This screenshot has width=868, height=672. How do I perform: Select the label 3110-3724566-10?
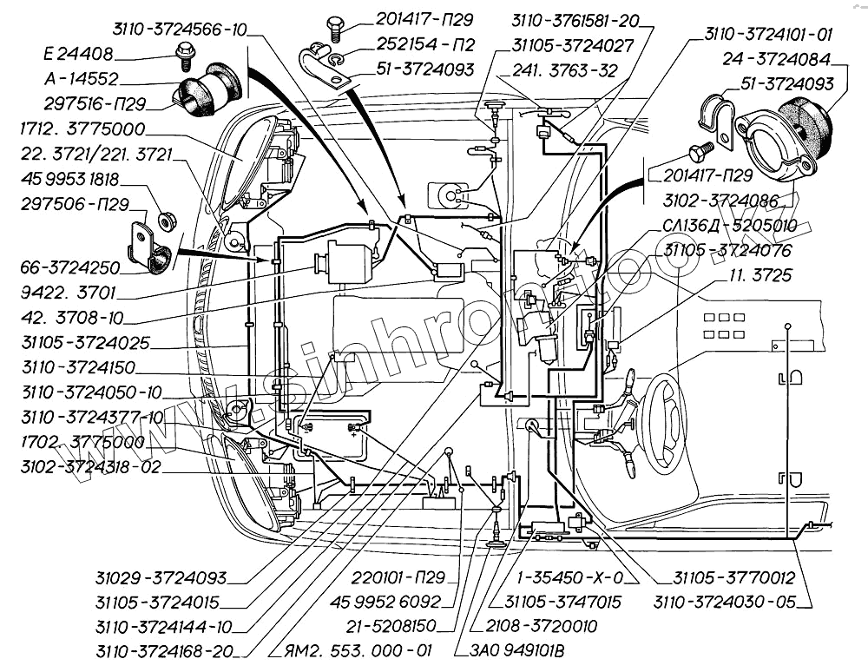click(x=181, y=30)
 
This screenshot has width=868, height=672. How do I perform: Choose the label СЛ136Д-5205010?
click(x=729, y=226)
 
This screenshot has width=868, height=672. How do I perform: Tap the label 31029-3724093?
click(x=162, y=577)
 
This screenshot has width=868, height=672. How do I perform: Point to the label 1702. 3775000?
click(x=72, y=442)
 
